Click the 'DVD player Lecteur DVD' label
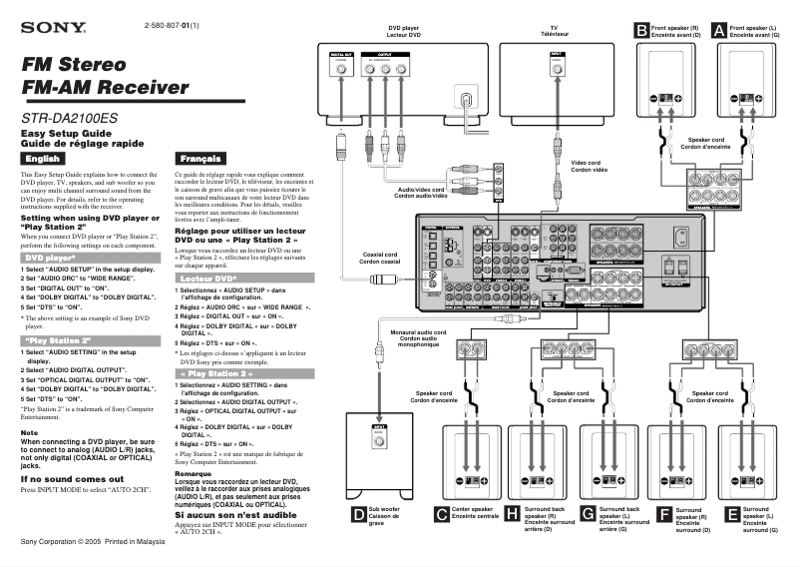405,32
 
